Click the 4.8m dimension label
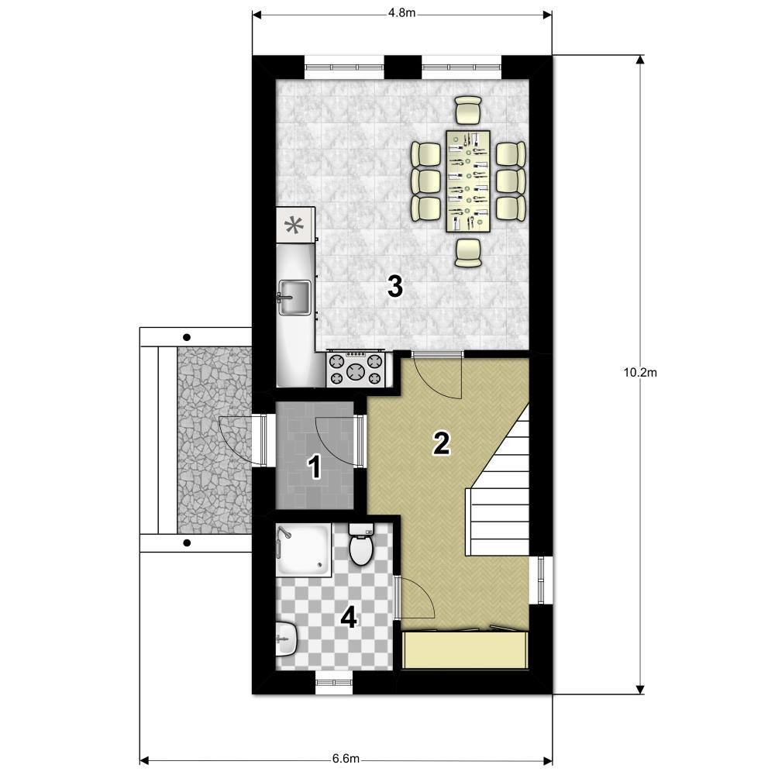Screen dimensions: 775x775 (x=401, y=13)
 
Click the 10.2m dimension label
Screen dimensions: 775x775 (x=640, y=373)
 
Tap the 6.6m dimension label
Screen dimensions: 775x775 (x=346, y=758)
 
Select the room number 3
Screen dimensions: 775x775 (x=395, y=287)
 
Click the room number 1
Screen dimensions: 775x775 (x=315, y=467)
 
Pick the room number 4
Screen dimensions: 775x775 (x=349, y=618)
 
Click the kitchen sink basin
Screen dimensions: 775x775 (x=294, y=297)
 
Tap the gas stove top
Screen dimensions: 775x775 (x=356, y=369)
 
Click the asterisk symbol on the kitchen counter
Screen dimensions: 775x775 (x=294, y=226)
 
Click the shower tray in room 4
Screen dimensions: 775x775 (x=304, y=550)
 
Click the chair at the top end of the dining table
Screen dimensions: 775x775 (x=467, y=110)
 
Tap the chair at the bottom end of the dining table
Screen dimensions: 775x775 (x=467, y=253)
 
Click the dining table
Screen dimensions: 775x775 (x=467, y=181)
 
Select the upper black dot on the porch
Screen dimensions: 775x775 (x=186, y=338)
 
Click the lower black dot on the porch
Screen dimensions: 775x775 (x=186, y=542)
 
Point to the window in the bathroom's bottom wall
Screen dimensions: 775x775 (x=334, y=683)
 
